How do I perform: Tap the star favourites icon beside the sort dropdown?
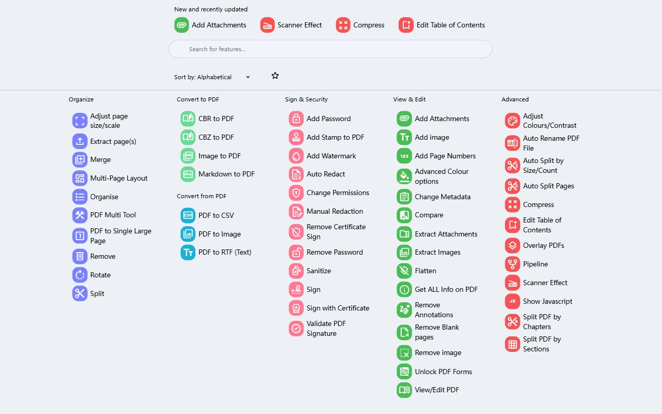point(275,76)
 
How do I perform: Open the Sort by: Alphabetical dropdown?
point(212,77)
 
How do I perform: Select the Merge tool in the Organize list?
point(100,159)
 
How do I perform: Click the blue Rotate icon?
point(80,275)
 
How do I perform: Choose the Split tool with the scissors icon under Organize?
point(97,293)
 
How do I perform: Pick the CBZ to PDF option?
point(216,137)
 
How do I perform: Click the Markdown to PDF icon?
point(188,174)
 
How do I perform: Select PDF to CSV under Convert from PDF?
point(216,215)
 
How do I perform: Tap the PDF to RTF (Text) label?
point(224,252)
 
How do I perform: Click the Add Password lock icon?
point(296,119)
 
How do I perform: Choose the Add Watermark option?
point(331,156)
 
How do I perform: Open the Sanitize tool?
point(319,271)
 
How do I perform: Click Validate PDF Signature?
point(326,328)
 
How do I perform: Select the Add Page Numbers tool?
point(445,156)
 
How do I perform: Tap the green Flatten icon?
point(404,271)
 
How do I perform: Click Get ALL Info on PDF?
point(446,289)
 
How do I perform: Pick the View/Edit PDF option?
point(437,390)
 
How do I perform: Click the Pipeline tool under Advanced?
point(535,264)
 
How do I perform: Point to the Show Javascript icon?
point(512,301)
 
